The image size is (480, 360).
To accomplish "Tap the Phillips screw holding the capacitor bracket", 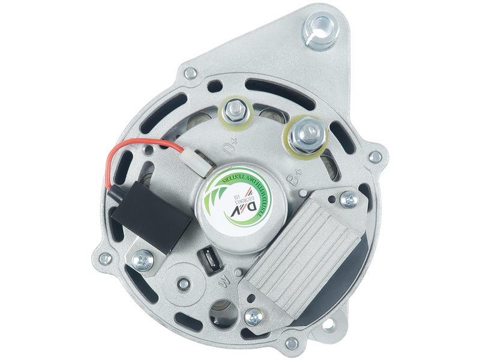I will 142,259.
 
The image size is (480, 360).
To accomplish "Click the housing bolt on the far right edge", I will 375,157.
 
